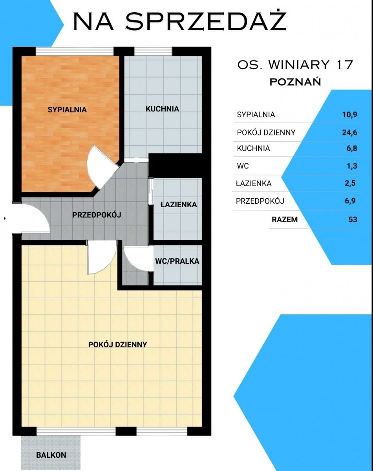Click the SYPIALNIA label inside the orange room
pos(67,110)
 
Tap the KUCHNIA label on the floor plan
pos(162,109)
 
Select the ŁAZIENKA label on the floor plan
pos(179,204)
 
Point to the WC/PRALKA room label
pos(177,261)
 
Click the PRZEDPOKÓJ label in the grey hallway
pos(97,215)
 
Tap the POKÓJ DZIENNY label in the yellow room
pos(117,345)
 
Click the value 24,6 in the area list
pos(349,132)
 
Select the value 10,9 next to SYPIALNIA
pos(350,115)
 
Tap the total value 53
pos(353,219)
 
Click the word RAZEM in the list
pos(285,219)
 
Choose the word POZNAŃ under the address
pos(295,82)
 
